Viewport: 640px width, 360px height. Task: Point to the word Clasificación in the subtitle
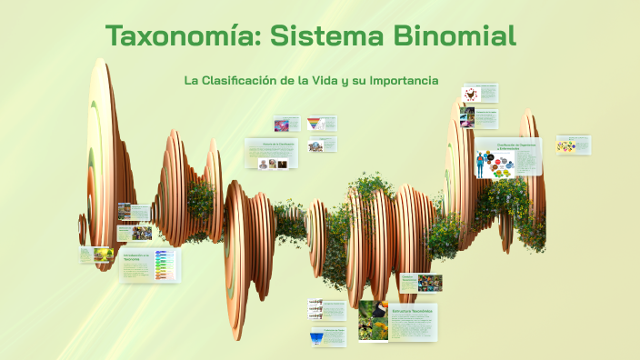pyautogui.click(x=238, y=80)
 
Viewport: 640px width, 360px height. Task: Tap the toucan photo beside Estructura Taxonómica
pyautogui.click(x=374, y=319)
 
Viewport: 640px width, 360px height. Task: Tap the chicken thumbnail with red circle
pyautogui.click(x=470, y=93)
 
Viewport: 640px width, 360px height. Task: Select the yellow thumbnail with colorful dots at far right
pyautogui.click(x=566, y=145)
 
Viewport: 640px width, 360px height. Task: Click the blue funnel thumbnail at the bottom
pyautogui.click(x=315, y=337)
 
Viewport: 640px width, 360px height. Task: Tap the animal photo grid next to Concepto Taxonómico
pyautogui.click(x=429, y=283)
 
